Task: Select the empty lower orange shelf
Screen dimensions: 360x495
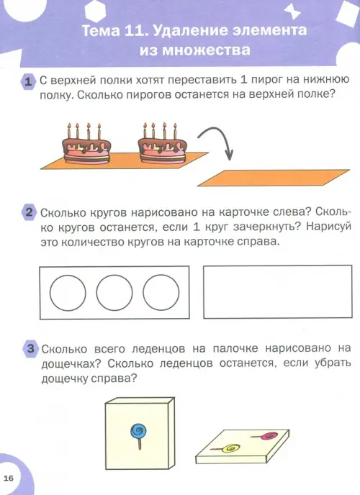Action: pos(274,178)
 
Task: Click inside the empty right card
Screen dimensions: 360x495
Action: pos(278,291)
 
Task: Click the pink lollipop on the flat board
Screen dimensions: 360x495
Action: pos(265,436)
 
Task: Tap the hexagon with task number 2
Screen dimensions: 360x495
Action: pos(29,212)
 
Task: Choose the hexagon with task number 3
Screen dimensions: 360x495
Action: pos(30,349)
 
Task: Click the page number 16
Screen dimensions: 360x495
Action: pos(9,478)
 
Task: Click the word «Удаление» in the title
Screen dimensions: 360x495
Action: pos(189,31)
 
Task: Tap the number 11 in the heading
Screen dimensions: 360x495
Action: pos(132,31)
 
